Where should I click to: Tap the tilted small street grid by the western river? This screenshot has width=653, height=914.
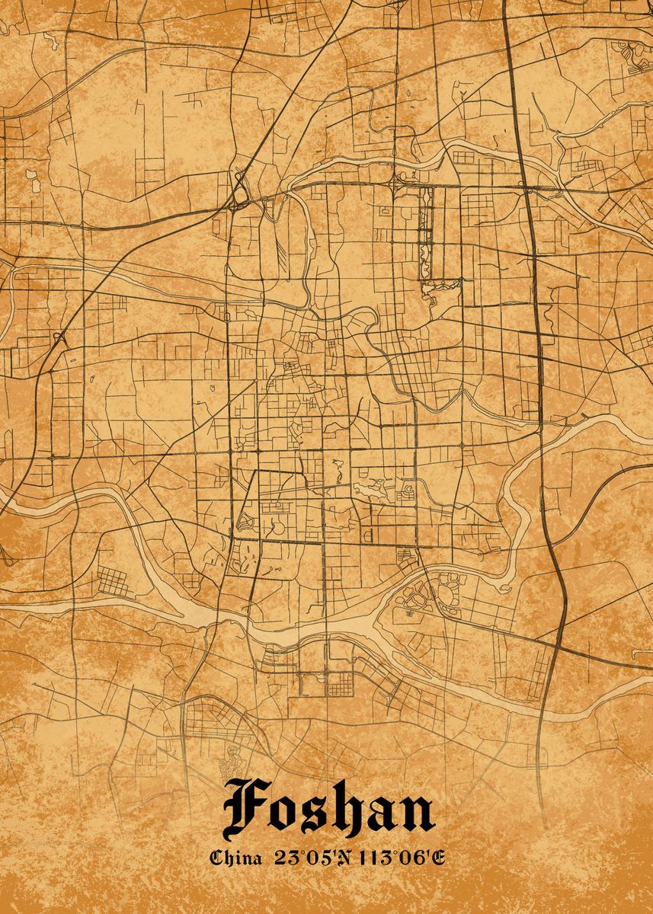pyautogui.click(x=112, y=581)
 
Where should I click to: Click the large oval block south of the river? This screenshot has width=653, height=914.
pyautogui.click(x=415, y=596)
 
